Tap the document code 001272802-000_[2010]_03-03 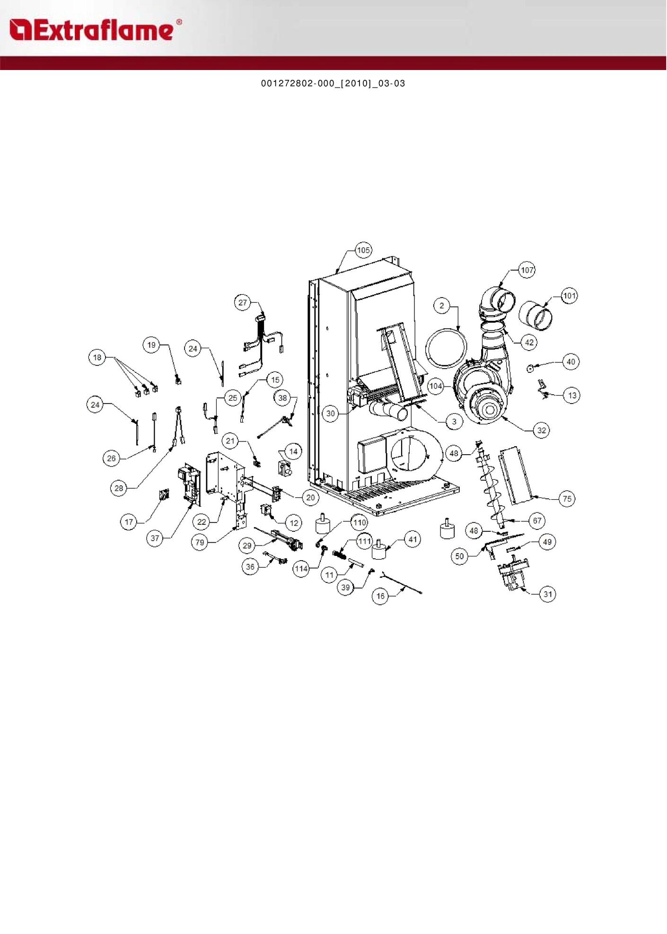click(333, 84)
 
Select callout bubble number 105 click(363, 250)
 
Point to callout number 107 click(527, 270)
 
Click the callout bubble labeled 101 click(570, 296)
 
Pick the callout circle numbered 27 click(243, 302)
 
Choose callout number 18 click(97, 357)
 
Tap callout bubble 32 click(542, 430)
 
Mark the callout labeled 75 click(567, 498)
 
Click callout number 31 click(548, 594)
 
